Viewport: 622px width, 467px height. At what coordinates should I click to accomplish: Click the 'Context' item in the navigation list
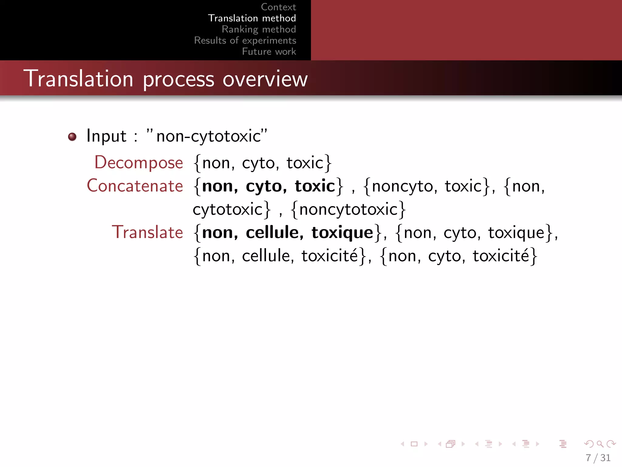pos(278,7)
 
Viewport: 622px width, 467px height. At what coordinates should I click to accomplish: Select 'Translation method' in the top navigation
pos(252,18)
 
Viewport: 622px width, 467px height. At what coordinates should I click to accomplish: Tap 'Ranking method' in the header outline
pos(259,29)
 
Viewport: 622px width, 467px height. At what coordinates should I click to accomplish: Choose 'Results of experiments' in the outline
pos(245,40)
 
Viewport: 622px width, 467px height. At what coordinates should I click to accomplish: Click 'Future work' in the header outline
pos(269,51)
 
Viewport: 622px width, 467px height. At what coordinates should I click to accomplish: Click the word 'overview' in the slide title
pos(265,79)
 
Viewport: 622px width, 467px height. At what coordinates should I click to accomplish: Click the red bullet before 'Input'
pos(72,137)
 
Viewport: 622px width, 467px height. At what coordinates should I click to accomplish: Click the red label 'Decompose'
pos(139,163)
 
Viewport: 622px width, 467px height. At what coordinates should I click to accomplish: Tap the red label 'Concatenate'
pos(135,186)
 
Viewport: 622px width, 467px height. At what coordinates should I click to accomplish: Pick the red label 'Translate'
pos(148,232)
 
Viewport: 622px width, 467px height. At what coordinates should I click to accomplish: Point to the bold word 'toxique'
pos(342,233)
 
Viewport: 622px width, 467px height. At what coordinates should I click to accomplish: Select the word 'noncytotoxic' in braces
pos(348,209)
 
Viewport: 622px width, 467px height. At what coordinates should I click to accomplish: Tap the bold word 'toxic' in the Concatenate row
pos(315,186)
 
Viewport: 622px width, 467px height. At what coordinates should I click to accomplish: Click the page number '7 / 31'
pos(598,458)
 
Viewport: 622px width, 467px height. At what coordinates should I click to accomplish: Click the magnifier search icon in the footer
pos(600,444)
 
